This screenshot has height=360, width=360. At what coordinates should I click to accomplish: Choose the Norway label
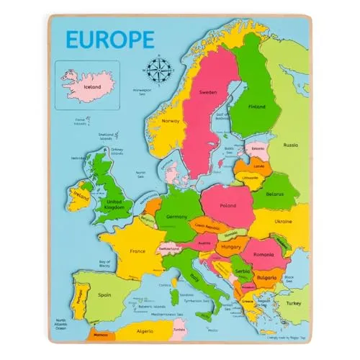[x=170, y=120]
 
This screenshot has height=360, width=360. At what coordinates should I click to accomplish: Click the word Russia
[x=291, y=145]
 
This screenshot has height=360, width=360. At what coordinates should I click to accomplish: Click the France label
[x=137, y=252]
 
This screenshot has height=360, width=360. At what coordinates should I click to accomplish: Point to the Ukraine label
[x=284, y=222]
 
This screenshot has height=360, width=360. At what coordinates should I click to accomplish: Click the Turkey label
[x=295, y=303]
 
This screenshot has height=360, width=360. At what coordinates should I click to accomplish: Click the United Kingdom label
[x=115, y=206]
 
